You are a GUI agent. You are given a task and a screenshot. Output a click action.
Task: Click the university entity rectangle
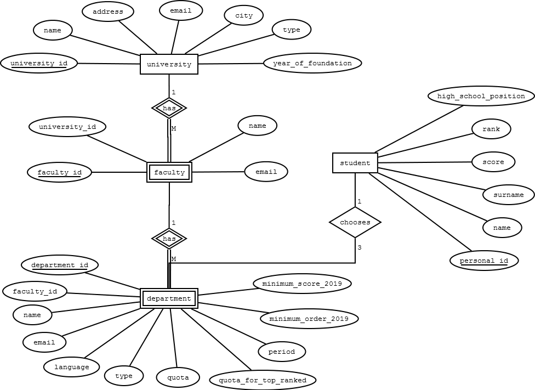tap(169, 64)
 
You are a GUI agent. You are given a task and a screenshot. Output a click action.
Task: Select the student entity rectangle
tap(355, 163)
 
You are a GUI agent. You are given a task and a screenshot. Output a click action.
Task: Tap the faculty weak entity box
tap(169, 172)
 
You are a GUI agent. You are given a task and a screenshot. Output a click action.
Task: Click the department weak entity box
tap(169, 298)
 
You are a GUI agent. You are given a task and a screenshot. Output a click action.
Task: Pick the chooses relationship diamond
tap(355, 222)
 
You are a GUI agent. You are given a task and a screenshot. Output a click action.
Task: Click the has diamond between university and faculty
tap(169, 108)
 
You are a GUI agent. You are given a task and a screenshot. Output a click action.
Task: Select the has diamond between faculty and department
tap(169, 239)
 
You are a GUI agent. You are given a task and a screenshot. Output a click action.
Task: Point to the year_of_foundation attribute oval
tap(312, 63)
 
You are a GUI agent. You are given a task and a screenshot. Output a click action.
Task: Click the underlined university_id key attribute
tap(39, 63)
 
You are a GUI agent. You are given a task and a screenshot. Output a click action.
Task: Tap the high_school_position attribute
tap(481, 96)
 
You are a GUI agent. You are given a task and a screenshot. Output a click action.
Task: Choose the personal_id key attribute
tap(484, 261)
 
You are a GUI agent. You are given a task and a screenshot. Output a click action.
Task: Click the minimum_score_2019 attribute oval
tap(302, 284)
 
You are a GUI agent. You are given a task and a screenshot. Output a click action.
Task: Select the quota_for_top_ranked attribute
tap(263, 380)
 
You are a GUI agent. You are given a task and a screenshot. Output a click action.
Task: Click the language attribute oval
tap(72, 366)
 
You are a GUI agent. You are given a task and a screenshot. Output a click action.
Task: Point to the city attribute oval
tap(244, 15)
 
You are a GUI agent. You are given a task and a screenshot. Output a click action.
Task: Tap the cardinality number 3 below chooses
tap(360, 247)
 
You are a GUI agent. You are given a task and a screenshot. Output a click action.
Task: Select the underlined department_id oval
tap(60, 265)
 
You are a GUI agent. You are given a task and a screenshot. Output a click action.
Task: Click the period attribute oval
tap(282, 352)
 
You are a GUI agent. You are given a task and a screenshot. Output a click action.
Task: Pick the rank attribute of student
tap(491, 129)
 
